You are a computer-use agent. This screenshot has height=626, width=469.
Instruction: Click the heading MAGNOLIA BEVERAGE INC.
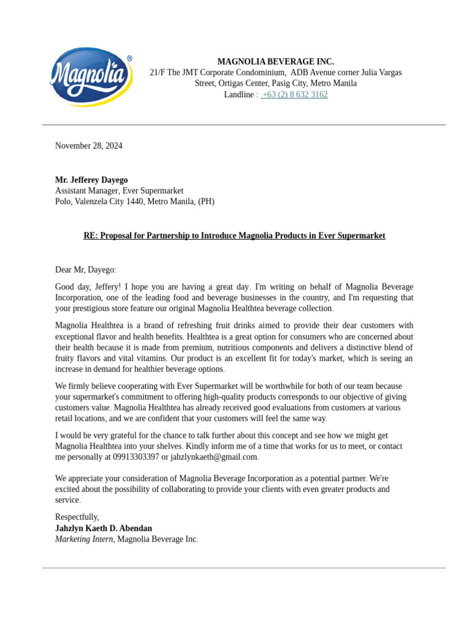click(x=275, y=62)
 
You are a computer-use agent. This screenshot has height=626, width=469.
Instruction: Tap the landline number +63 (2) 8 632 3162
click(x=294, y=95)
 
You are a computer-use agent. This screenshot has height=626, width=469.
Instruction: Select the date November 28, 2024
click(x=89, y=145)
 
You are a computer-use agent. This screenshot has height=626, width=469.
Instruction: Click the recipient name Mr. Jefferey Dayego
click(x=92, y=180)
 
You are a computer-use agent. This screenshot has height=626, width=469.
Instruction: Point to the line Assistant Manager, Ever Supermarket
click(x=119, y=191)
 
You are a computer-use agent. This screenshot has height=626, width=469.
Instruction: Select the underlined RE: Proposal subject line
click(x=234, y=236)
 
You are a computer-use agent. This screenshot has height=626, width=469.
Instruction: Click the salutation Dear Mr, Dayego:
click(x=85, y=270)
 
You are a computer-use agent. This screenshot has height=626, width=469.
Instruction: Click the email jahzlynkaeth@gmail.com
click(x=214, y=457)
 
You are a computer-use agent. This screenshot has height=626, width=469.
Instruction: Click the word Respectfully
click(x=77, y=517)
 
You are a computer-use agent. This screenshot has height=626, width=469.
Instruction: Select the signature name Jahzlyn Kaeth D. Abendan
click(x=104, y=528)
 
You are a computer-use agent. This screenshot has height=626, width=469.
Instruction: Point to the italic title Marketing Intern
click(x=84, y=539)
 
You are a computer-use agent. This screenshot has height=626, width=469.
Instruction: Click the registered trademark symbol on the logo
click(x=129, y=59)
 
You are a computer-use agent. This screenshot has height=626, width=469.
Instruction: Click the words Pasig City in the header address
click(x=287, y=84)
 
